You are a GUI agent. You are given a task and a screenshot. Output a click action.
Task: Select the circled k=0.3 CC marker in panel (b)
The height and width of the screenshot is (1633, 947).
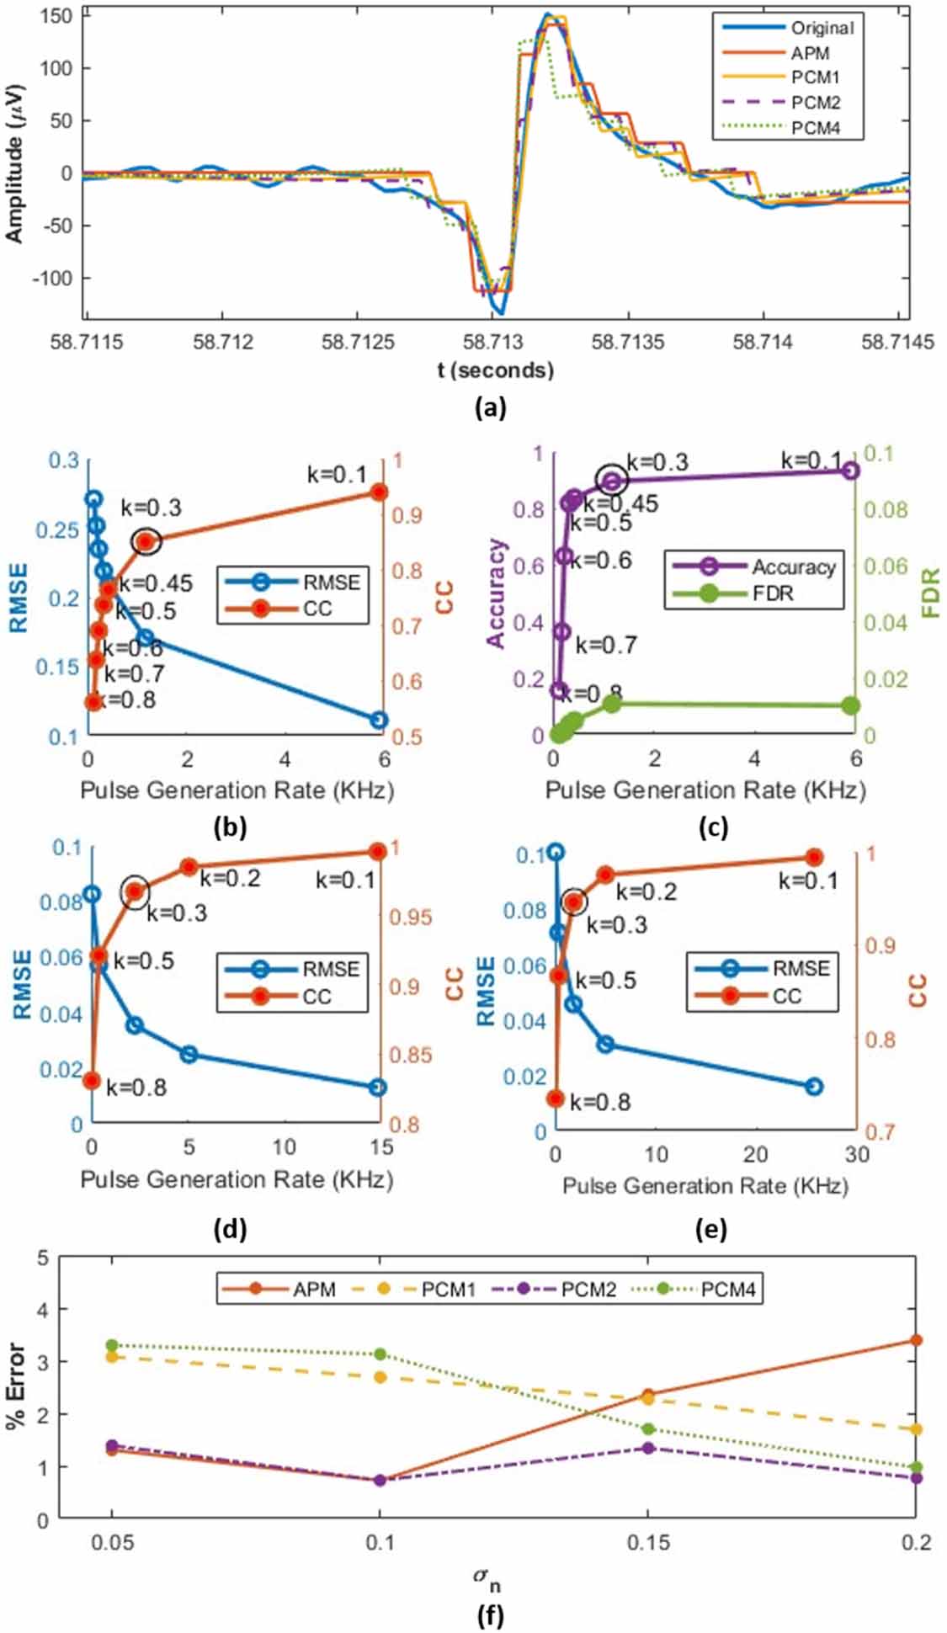pyautogui.click(x=146, y=541)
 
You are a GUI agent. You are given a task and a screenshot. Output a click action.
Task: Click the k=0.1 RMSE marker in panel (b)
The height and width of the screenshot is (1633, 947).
pyautogui.click(x=379, y=720)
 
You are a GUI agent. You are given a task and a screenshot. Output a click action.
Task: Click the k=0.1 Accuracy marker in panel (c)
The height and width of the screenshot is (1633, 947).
pyautogui.click(x=850, y=470)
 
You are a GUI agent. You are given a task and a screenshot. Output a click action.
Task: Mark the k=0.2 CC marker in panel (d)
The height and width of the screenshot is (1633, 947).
pyautogui.click(x=189, y=867)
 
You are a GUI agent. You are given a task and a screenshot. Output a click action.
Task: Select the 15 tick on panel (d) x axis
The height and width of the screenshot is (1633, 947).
pyautogui.click(x=381, y=1146)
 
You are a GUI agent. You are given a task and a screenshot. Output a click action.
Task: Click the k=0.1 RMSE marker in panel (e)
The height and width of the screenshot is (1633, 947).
pyautogui.click(x=813, y=1087)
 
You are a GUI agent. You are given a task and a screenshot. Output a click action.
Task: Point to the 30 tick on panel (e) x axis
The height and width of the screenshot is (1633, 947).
pyautogui.click(x=856, y=1154)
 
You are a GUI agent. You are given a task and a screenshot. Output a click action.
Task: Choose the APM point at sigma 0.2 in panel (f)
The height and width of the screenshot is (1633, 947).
pyautogui.click(x=916, y=1340)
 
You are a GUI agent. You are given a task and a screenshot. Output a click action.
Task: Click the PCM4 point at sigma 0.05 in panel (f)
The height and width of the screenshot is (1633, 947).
pyautogui.click(x=112, y=1345)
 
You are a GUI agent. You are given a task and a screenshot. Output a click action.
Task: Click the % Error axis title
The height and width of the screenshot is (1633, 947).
pyautogui.click(x=16, y=1386)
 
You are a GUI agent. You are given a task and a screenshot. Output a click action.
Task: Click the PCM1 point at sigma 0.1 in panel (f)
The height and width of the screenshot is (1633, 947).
pyautogui.click(x=380, y=1377)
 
